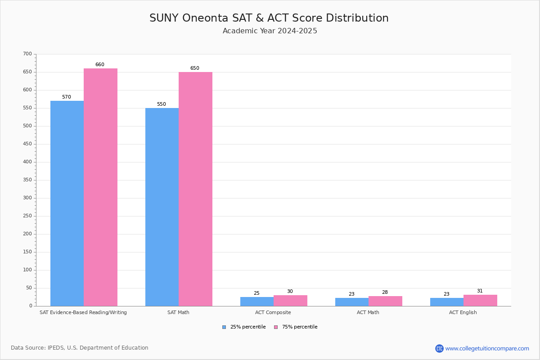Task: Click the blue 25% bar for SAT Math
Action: pyautogui.click(x=162, y=207)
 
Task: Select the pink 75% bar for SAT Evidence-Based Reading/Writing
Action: pyautogui.click(x=100, y=187)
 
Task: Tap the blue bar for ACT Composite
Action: pyautogui.click(x=256, y=301)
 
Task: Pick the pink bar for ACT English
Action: pyautogui.click(x=480, y=301)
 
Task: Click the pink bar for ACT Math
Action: pyautogui.click(x=385, y=301)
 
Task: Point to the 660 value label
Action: pyautogui.click(x=99, y=65)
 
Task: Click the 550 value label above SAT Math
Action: pyautogui.click(x=161, y=104)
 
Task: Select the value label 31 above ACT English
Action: pyautogui.click(x=480, y=291)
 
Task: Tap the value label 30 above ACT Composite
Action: pyautogui.click(x=290, y=292)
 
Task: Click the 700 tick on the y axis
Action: pyautogui.click(x=27, y=54)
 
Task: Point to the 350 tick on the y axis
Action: pyautogui.click(x=27, y=180)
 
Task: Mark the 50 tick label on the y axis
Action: pyautogui.click(x=29, y=288)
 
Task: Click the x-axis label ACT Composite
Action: pyautogui.click(x=273, y=312)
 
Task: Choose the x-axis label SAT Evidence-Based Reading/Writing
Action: pyautogui.click(x=83, y=312)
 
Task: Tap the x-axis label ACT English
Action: pyautogui.click(x=463, y=312)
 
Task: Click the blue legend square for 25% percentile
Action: pyautogui.click(x=224, y=327)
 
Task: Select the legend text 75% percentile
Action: pyautogui.click(x=300, y=327)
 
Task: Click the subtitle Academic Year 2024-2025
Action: pyautogui.click(x=270, y=31)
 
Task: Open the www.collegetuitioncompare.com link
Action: pyautogui.click(x=487, y=348)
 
